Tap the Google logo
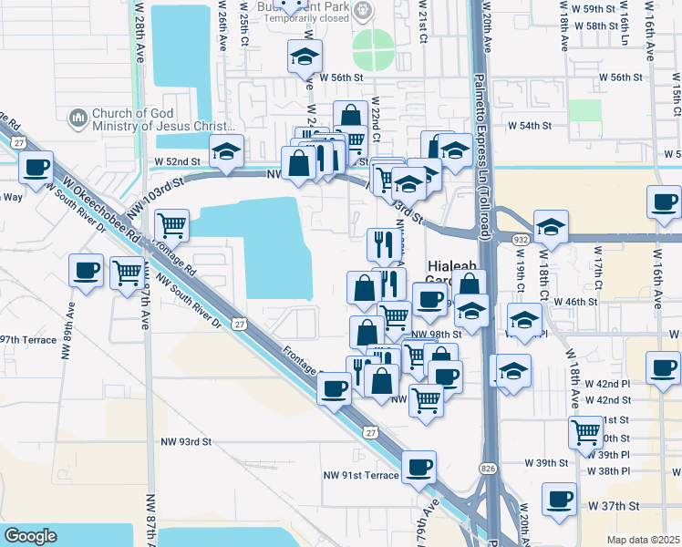pos(30,536)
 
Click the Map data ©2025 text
pos(644,540)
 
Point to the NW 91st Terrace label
pos(361,475)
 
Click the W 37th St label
pos(617,504)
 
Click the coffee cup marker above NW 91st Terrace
pos(418,468)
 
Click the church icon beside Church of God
pos(77,118)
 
